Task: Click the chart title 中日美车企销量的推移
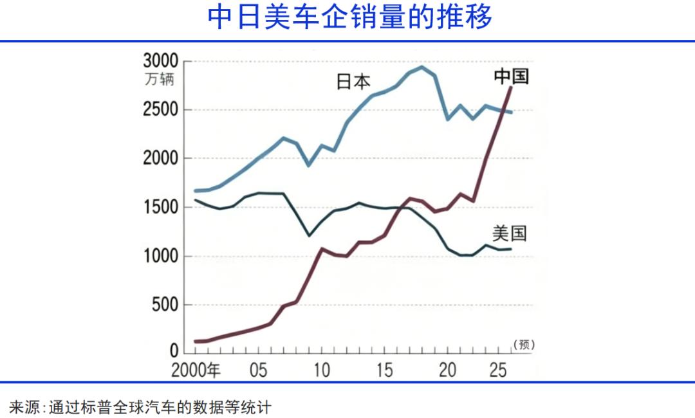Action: point(349,18)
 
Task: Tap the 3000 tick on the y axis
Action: point(160,62)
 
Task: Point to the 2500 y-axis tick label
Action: point(160,110)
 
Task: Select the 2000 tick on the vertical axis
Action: point(160,159)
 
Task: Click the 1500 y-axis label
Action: point(160,208)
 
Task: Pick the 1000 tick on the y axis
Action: point(160,257)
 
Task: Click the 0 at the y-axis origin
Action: point(174,352)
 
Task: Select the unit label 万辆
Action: point(159,81)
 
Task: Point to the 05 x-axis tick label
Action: point(259,370)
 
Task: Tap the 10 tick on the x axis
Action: point(322,370)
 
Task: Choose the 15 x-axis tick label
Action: point(384,370)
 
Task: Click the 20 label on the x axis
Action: point(447,370)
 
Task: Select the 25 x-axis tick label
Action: point(497,370)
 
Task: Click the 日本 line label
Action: point(353,82)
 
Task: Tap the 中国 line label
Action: point(512,77)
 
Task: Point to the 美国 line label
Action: point(509,233)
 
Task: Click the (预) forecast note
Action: point(524,345)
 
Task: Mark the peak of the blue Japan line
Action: point(422,67)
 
